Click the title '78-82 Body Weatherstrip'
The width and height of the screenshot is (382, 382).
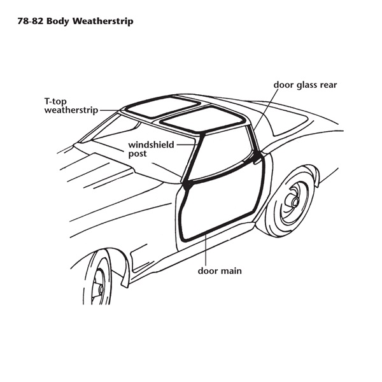point(75,21)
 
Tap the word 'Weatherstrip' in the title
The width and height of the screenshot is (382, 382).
point(103,21)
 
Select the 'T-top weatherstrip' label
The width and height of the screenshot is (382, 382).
point(71,106)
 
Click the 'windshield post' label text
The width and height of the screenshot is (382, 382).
point(151,149)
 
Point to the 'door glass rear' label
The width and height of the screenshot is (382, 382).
point(305,85)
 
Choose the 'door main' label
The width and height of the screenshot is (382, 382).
point(220,271)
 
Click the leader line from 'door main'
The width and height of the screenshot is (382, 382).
point(206,249)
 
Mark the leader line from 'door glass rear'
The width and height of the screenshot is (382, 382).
point(265,109)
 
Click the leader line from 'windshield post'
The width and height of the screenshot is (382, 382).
point(187,145)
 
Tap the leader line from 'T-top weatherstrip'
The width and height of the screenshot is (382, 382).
point(110,110)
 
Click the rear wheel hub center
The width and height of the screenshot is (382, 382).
point(295,201)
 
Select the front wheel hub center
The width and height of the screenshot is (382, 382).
point(101,290)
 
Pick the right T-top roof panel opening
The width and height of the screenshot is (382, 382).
point(204,119)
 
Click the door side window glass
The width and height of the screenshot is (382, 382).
point(221,154)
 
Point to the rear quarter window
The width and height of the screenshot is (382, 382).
point(288,125)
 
